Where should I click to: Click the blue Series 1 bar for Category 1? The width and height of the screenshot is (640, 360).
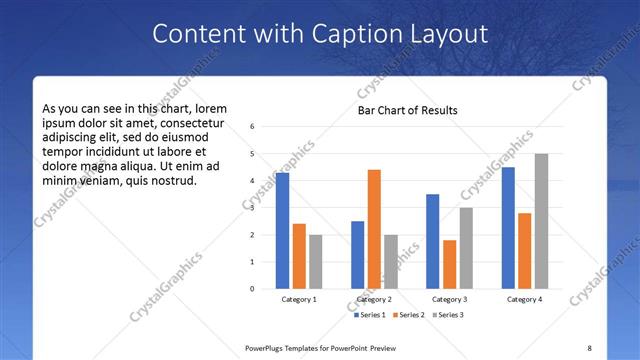282,231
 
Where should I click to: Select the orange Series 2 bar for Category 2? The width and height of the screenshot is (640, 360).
374,229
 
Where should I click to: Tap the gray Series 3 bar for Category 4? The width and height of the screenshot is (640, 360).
541,221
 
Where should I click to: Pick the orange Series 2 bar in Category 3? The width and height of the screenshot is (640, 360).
449,264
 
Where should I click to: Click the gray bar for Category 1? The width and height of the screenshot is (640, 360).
316,262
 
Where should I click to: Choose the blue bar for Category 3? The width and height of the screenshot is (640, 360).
432,241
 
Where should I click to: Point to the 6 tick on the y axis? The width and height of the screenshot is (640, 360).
253,127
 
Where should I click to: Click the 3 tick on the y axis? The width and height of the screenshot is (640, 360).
253,208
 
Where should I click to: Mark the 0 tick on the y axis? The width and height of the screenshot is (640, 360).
253,289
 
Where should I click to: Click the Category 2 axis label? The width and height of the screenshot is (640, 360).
374,299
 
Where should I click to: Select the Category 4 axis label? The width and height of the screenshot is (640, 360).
524,299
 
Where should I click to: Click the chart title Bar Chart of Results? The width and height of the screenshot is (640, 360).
408,110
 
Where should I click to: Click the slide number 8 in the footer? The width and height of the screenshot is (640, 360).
589,348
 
